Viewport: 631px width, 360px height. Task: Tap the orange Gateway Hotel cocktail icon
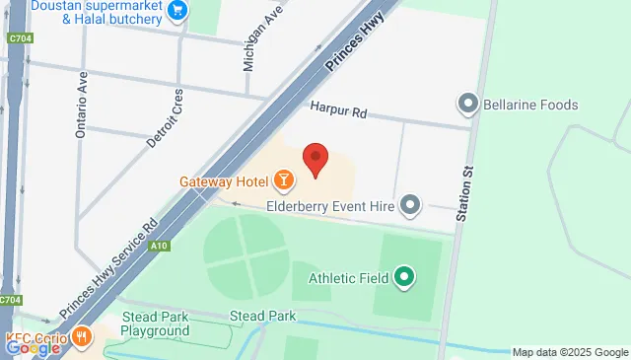point(283,180)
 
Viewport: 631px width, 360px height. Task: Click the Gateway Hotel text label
point(225,181)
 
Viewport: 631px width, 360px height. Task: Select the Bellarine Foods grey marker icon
point(467,104)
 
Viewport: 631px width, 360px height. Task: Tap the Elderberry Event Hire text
point(330,206)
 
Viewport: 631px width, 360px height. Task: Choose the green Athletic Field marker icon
point(403,278)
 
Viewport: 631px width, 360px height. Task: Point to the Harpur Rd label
point(337,113)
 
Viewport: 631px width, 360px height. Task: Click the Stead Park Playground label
point(155,324)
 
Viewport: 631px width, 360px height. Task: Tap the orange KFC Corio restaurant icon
point(81,336)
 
